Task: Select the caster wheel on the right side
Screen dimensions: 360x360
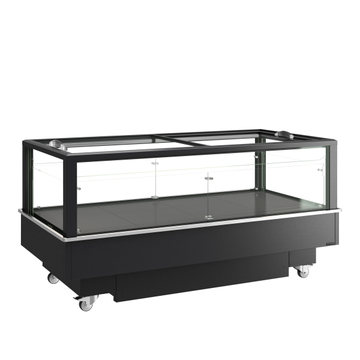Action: click(304, 271)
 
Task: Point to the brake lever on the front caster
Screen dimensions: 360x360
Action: click(76, 298)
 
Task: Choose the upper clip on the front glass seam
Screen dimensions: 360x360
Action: click(208, 178)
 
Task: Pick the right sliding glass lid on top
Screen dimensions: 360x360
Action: click(228, 137)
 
